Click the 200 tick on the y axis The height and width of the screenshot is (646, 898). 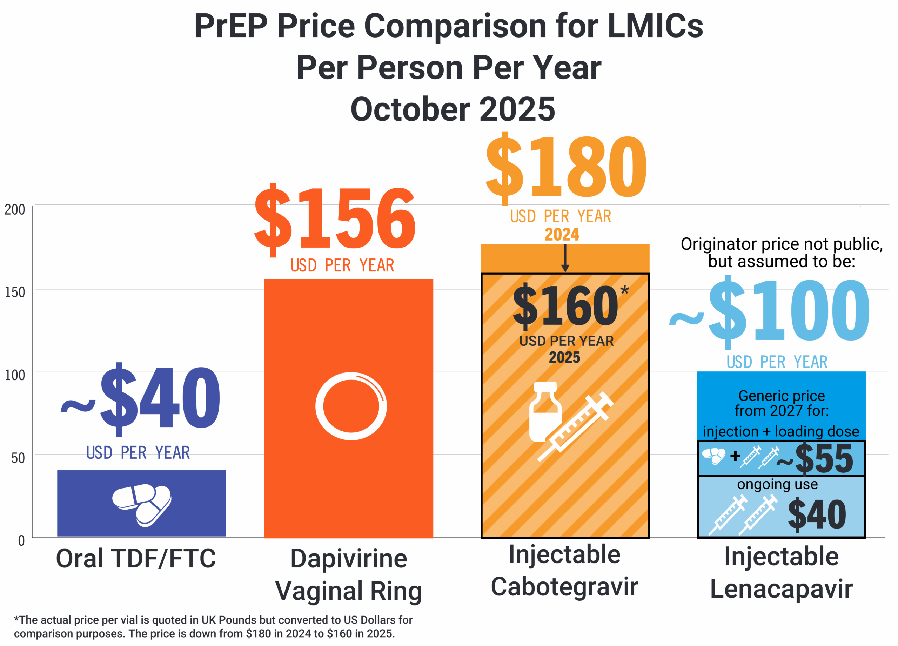[15, 210]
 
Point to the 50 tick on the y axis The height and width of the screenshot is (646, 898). [18, 458]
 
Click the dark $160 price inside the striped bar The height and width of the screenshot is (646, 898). [565, 305]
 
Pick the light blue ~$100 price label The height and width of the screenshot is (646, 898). [770, 311]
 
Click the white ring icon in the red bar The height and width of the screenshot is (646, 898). [351, 406]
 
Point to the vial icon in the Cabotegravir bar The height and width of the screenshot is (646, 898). [545, 412]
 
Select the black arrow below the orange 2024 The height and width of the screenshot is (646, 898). [565, 258]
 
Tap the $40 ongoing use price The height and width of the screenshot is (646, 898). [817, 514]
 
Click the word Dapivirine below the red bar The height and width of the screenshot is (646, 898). [349, 559]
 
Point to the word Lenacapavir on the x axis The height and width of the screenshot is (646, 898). [781, 589]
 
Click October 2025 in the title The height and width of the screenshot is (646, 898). [453, 109]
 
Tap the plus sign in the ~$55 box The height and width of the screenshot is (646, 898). [735, 456]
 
